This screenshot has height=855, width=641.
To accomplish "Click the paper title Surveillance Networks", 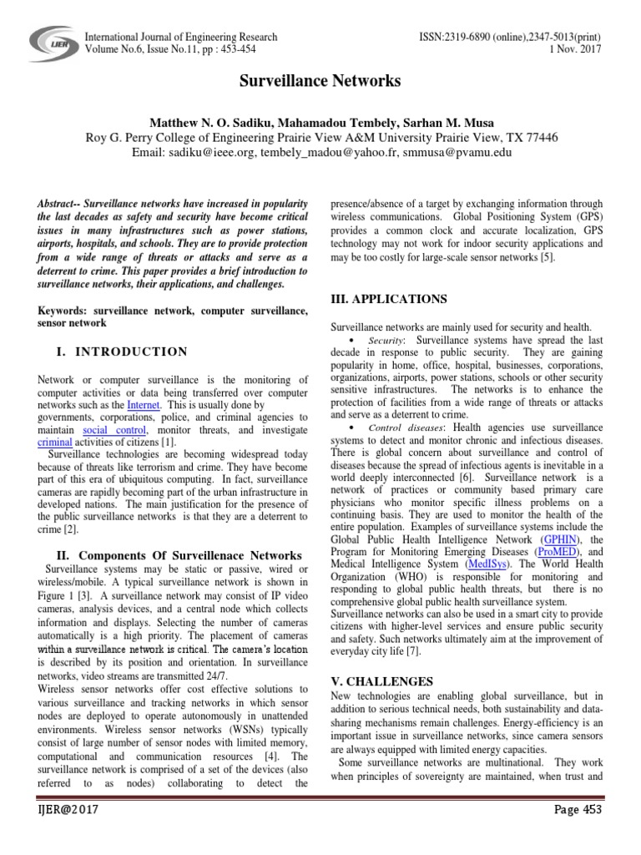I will point(320,81).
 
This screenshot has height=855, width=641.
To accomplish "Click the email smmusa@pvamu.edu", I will point(440,153).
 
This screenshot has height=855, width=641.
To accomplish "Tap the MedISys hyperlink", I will point(486,564).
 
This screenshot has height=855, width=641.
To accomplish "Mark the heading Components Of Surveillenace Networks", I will point(194,555).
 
